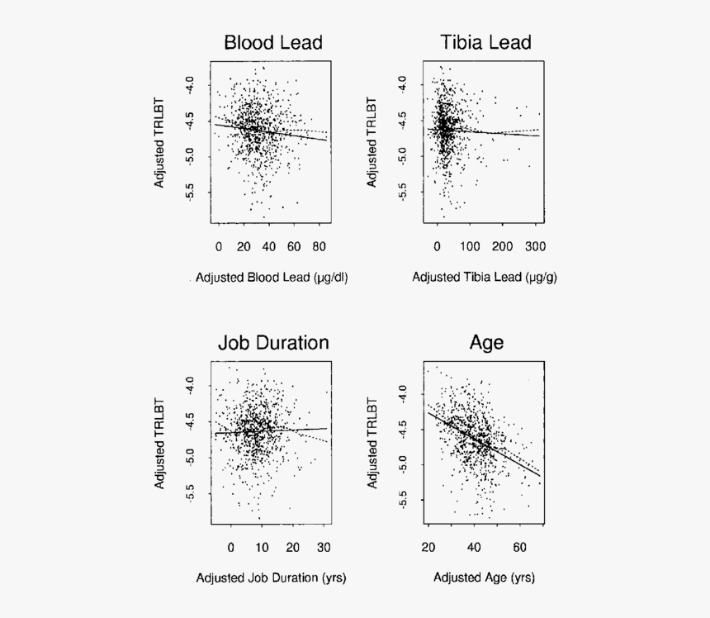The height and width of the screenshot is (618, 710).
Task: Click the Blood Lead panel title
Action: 272,42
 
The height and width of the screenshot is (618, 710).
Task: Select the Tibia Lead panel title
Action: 485,42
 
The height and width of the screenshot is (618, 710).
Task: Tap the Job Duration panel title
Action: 272,343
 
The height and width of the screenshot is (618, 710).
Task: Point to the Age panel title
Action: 486,343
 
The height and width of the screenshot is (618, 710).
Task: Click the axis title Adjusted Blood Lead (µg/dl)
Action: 272,278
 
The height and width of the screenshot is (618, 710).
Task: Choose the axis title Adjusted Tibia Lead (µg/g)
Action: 485,278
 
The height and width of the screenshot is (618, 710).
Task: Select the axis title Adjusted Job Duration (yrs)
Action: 271,578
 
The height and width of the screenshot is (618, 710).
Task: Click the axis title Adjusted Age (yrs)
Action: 484,578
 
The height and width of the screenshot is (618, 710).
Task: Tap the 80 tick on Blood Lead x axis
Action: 319,246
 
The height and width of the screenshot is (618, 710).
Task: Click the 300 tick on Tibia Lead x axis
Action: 533,246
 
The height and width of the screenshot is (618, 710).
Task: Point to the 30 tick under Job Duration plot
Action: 323,547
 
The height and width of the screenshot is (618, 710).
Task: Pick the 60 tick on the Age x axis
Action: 519,547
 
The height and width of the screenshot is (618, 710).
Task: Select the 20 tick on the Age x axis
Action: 428,547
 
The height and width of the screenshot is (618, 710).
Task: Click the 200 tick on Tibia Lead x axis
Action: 501,246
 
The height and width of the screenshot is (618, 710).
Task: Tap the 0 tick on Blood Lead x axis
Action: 219,246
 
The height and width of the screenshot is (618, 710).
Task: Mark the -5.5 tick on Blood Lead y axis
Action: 191,193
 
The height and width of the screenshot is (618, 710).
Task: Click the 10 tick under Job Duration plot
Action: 261,547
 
